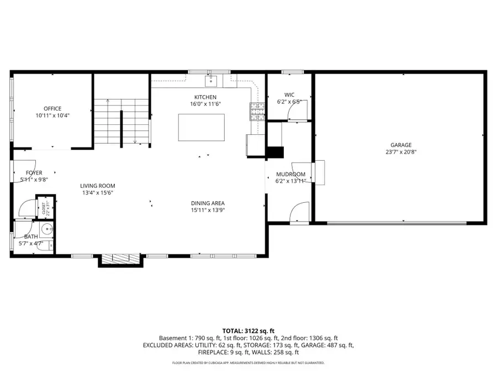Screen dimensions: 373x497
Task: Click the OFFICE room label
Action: (52, 108)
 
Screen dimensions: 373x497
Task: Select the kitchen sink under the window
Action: (210, 82)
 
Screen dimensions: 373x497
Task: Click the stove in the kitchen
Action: (257, 112)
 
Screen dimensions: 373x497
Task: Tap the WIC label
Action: (289, 94)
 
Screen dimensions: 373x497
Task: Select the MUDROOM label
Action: (290, 174)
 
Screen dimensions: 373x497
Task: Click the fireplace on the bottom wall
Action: (120, 259)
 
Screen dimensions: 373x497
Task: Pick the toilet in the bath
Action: (46, 229)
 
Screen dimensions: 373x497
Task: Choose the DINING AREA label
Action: (208, 203)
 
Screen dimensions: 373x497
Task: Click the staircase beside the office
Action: (121, 122)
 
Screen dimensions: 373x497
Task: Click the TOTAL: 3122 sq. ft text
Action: (248, 329)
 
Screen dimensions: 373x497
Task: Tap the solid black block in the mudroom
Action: (274, 153)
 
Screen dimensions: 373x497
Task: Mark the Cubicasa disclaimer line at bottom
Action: (248, 363)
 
